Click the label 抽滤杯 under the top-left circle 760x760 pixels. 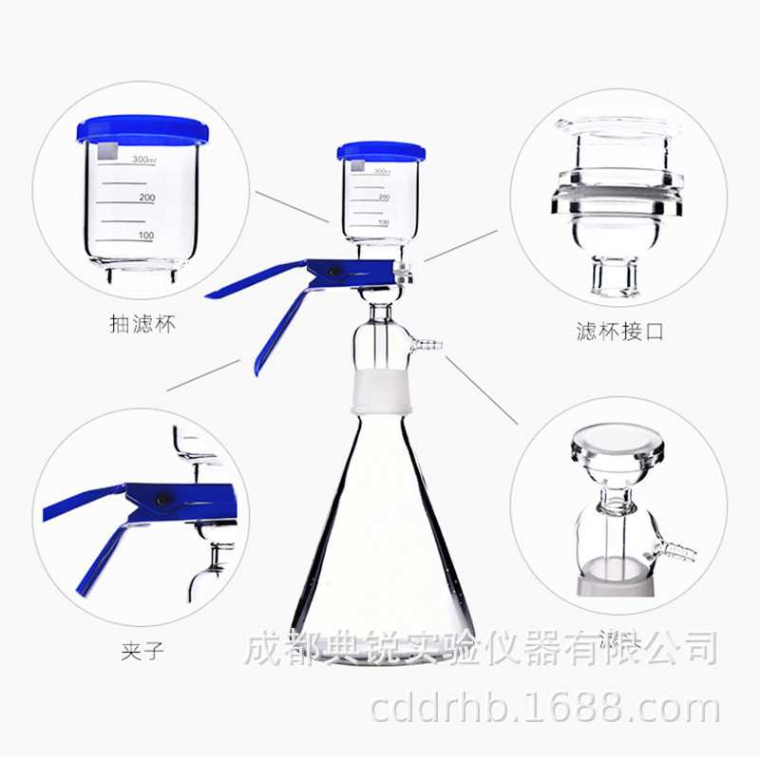tap(142, 325)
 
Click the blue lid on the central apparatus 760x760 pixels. tap(381, 151)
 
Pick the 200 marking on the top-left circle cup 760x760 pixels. tap(146, 198)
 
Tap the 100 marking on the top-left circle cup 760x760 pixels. tap(146, 235)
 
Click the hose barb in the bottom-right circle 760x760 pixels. tap(678, 549)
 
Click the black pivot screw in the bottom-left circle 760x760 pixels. tap(162, 498)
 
